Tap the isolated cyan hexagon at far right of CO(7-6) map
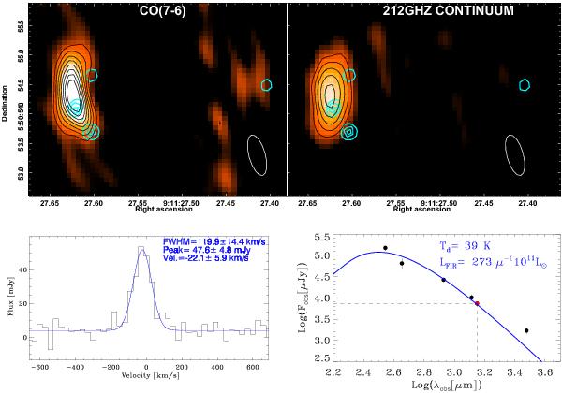(267, 84)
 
